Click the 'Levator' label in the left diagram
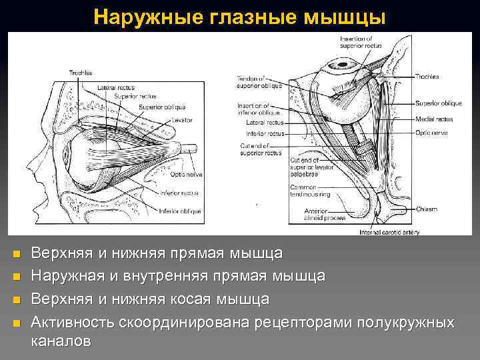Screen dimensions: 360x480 180,121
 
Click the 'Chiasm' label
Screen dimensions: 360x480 427,209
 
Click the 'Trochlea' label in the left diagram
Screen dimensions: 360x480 81,72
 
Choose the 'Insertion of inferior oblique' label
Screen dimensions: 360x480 254,109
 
